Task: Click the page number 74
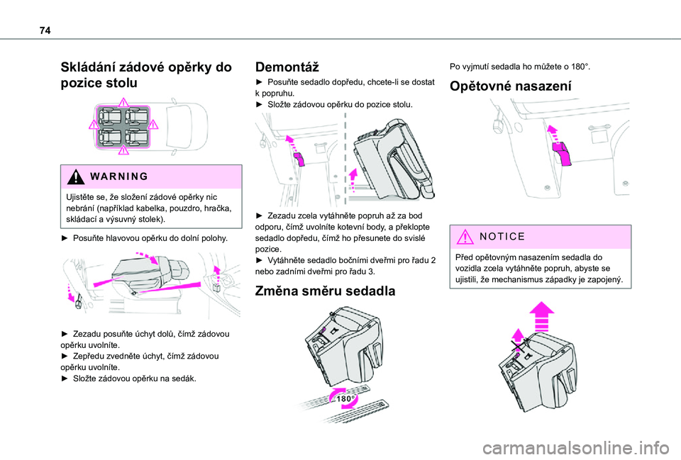[45, 30]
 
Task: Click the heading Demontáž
[287, 67]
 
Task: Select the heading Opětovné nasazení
[510, 86]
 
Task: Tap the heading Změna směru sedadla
[325, 291]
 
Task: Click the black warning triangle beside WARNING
[76, 176]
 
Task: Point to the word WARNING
[119, 176]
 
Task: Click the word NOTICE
[502, 237]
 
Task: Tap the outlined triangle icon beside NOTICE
[465, 237]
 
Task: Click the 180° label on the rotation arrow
[346, 398]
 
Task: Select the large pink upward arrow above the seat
[541, 316]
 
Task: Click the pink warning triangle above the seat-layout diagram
[123, 102]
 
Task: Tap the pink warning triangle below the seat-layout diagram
[123, 150]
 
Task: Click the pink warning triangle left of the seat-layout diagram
[94, 125]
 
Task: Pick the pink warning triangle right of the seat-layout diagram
[153, 125]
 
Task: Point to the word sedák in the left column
[184, 378]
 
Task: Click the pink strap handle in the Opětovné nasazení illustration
[562, 153]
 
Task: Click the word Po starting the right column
[455, 67]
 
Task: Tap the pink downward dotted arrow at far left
[70, 293]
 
